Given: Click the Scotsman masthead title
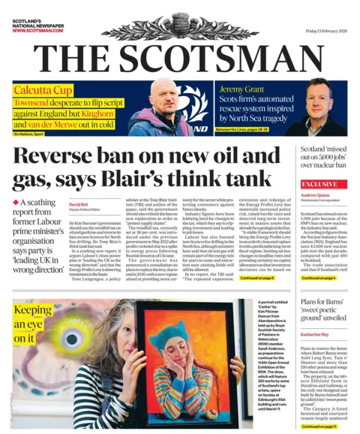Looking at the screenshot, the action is pyautogui.click(x=180, y=58).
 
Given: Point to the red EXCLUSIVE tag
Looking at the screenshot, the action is pyautogui.click(x=319, y=183).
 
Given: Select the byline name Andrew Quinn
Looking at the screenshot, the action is pyautogui.click(x=315, y=197).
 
